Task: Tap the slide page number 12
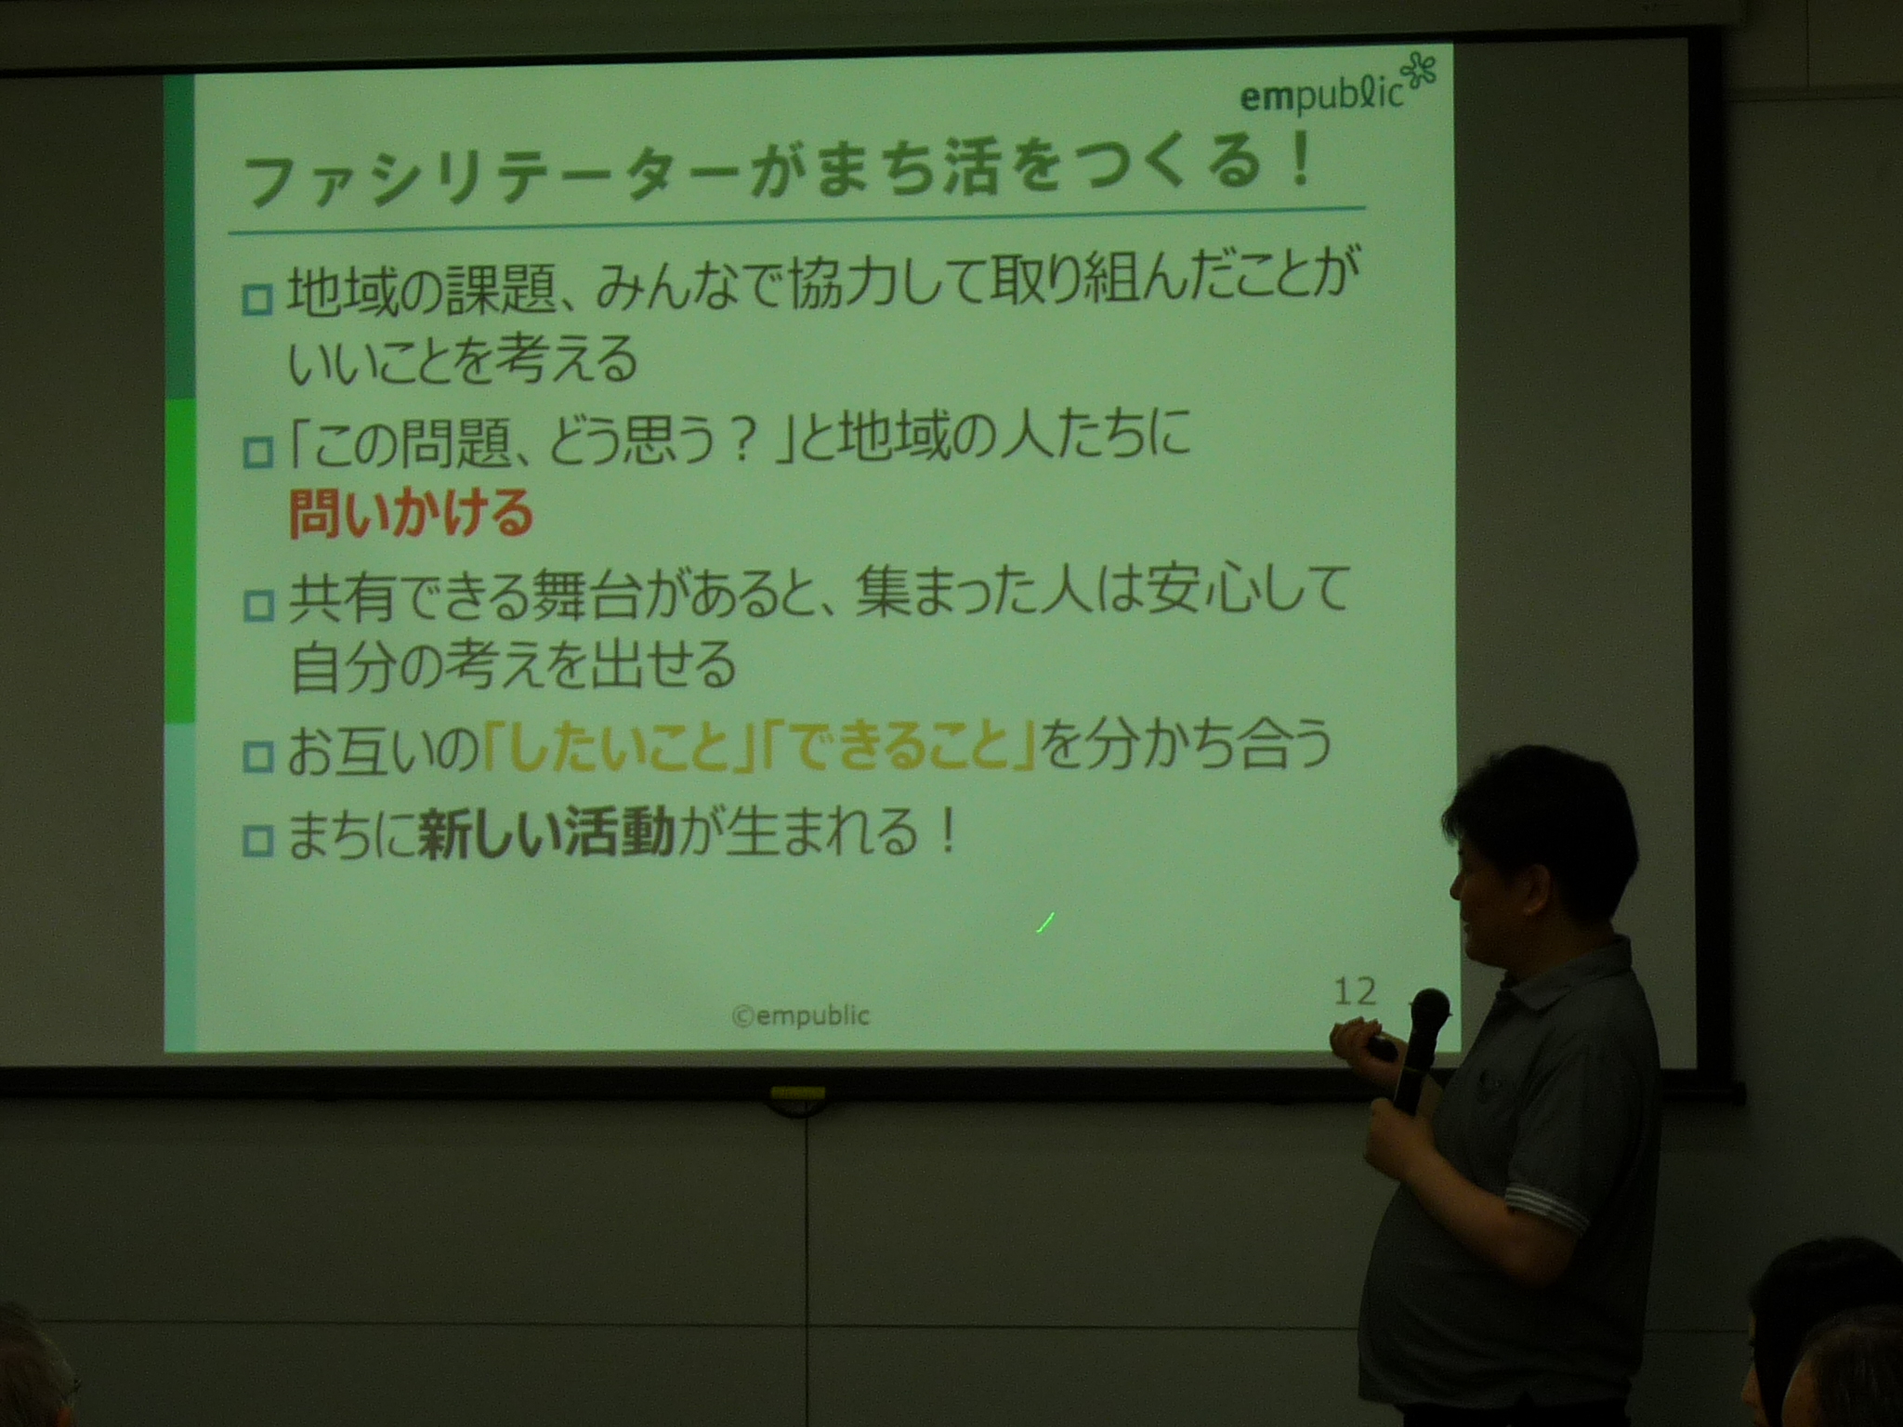[x=1355, y=991]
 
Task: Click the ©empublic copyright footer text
[x=801, y=1015]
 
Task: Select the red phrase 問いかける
[x=411, y=514]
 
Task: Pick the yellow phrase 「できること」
[x=899, y=746]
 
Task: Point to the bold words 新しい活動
[x=546, y=831]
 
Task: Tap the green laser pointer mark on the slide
[x=1044, y=923]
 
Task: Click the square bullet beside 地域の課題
[x=257, y=301]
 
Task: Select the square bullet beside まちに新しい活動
[x=257, y=842]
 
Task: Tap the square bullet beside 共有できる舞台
[x=257, y=607]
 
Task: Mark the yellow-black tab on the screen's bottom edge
[x=796, y=1093]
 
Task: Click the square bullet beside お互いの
[x=257, y=756]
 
